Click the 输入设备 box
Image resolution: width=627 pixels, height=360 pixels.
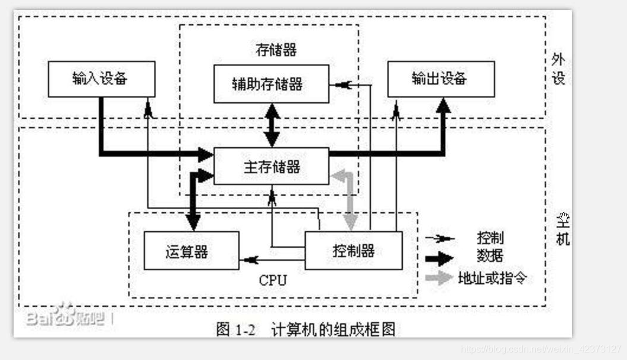click(x=101, y=79)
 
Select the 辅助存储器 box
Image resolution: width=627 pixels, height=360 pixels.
click(x=271, y=84)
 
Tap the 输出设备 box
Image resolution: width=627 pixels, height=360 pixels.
click(x=441, y=79)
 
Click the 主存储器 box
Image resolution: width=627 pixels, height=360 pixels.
click(x=271, y=166)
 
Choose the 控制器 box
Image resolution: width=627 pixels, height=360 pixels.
click(x=353, y=250)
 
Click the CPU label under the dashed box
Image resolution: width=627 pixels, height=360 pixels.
click(x=272, y=280)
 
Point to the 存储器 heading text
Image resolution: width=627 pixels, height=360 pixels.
click(x=276, y=50)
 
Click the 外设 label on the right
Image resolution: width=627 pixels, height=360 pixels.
click(x=558, y=69)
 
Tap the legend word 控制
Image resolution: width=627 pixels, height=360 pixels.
click(x=490, y=238)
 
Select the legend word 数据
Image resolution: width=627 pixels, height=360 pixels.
click(x=490, y=257)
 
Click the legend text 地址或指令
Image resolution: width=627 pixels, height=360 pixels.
click(x=492, y=277)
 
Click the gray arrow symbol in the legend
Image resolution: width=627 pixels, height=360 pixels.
click(x=439, y=278)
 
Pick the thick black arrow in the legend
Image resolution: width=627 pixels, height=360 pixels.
click(x=439, y=258)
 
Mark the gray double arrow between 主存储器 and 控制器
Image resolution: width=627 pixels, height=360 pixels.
click(x=351, y=200)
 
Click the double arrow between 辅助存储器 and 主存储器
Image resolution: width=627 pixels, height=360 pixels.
click(x=272, y=125)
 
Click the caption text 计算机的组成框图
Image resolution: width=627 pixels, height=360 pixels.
click(x=333, y=329)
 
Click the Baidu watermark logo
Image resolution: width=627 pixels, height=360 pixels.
click(x=65, y=317)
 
